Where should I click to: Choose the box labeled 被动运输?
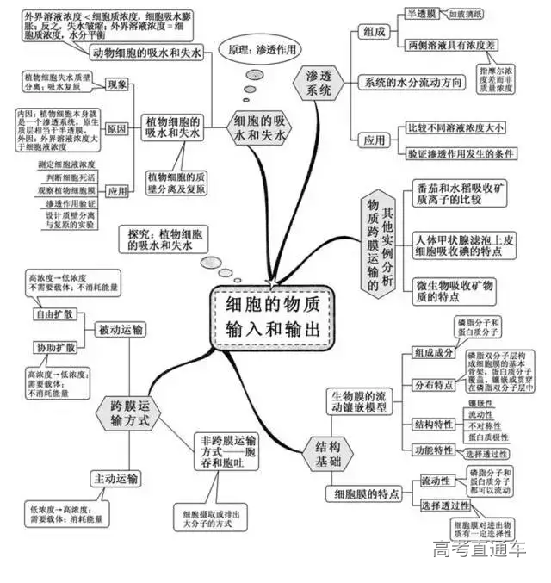(x=121, y=329)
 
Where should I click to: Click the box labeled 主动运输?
(x=115, y=478)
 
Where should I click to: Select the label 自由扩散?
(x=54, y=313)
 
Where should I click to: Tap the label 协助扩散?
(x=54, y=347)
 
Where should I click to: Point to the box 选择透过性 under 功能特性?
(x=492, y=453)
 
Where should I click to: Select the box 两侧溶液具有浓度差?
(x=449, y=45)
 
